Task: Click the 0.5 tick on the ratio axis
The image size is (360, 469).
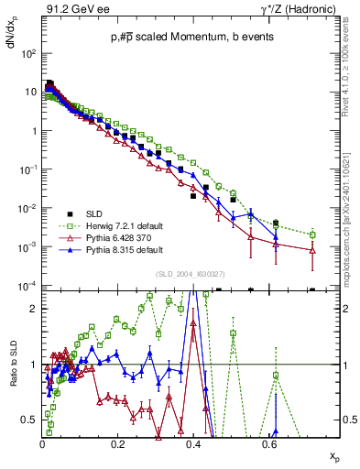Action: click(30, 419)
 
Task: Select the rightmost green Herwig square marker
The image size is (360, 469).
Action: click(312, 234)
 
